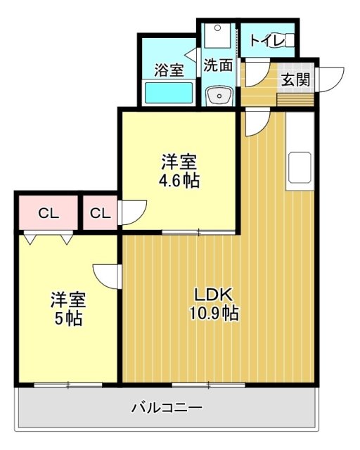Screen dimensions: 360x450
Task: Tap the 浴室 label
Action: (x=169, y=70)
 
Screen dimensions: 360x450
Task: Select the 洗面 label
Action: (x=218, y=65)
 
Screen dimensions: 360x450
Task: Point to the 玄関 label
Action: (x=296, y=79)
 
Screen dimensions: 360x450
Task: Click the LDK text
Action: (x=213, y=295)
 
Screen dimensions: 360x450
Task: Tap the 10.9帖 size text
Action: (x=214, y=313)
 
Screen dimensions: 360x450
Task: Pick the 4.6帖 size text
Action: (x=179, y=181)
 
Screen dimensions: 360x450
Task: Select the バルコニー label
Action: (x=167, y=407)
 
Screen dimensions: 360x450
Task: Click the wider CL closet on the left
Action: (x=49, y=212)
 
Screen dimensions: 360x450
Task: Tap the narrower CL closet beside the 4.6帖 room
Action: (x=100, y=212)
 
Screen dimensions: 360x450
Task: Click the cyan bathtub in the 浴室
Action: (x=169, y=92)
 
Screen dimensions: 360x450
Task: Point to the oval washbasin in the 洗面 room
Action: (x=219, y=96)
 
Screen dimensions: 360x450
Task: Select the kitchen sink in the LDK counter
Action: (x=300, y=167)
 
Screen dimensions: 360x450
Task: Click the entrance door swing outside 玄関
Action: (x=330, y=79)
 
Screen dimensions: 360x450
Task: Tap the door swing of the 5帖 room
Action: (x=105, y=276)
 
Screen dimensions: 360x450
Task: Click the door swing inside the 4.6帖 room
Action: (x=133, y=212)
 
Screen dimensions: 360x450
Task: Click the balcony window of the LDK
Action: (x=208, y=385)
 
